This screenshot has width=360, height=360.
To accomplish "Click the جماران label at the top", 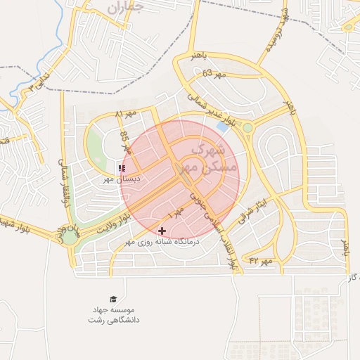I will tap(127, 8).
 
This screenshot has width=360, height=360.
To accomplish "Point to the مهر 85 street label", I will tap(126, 141).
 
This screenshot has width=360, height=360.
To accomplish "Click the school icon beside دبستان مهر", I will tap(122, 169).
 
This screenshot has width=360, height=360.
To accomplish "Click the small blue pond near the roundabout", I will tap(223, 127).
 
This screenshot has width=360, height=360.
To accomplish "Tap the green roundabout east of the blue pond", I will tap(247, 127).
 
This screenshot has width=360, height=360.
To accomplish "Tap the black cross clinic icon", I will tap(162, 231).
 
